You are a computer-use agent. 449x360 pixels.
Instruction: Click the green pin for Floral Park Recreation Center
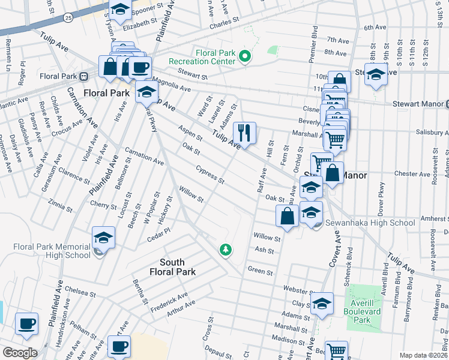(245, 57)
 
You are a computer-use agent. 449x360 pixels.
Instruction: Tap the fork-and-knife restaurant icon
(244, 132)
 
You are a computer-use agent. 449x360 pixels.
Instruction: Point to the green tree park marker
(226, 249)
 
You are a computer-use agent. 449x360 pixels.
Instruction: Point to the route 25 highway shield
(69, 19)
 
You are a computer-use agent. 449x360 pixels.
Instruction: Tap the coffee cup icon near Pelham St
(26, 324)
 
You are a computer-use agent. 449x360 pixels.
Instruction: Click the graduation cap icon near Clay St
(322, 304)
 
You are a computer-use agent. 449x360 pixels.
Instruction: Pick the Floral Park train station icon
(85, 76)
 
